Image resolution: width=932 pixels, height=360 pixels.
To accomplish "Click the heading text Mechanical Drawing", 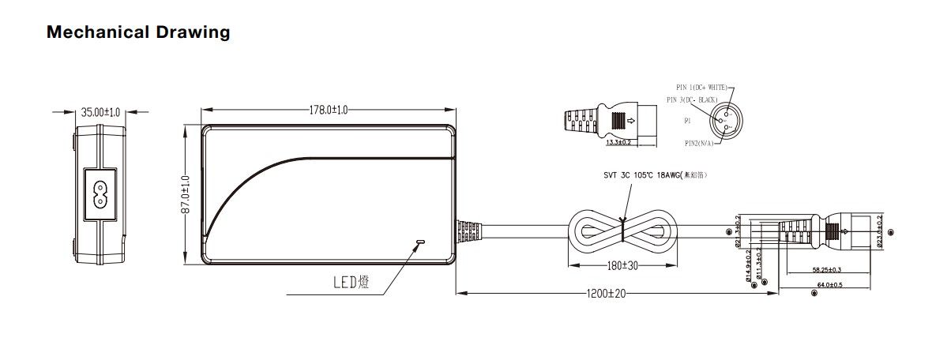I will pos(138,32).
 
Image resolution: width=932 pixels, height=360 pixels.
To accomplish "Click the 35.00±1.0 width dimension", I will pos(102,112).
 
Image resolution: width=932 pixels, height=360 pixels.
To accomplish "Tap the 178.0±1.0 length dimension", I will pos(329,110).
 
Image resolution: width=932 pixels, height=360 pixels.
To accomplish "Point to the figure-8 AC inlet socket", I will pos(101,194).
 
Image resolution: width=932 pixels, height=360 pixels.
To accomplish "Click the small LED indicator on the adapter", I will pos(420,241).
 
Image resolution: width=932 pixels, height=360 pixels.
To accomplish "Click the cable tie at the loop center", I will pos(623,228).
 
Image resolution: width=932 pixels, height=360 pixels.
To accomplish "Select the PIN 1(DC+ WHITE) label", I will pos(702,87).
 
